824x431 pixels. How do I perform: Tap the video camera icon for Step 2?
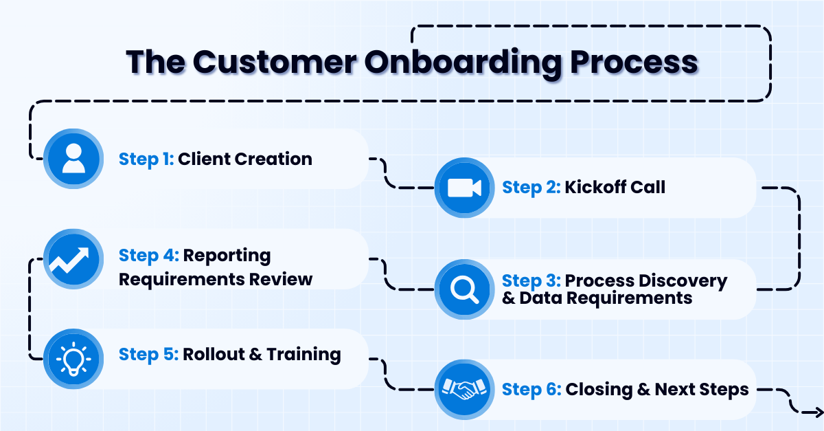click(x=464, y=188)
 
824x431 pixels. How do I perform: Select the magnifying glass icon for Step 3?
click(x=464, y=289)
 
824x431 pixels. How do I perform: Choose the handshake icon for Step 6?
click(x=464, y=390)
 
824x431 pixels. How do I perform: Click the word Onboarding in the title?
click(x=462, y=62)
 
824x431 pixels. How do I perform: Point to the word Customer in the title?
click(x=274, y=62)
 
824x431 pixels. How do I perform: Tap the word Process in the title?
click(x=633, y=62)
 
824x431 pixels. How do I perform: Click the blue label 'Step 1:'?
click(x=146, y=159)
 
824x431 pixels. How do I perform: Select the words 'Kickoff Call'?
click(x=615, y=188)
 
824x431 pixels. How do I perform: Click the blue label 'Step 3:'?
click(x=531, y=281)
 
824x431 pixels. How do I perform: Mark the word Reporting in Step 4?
click(x=227, y=256)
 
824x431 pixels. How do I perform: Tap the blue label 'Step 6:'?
click(x=531, y=390)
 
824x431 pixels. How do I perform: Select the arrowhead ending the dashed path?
click(x=816, y=412)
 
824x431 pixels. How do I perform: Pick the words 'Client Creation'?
click(x=244, y=159)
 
